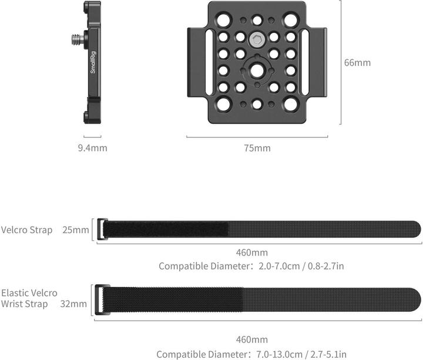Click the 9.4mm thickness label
[x=92, y=148]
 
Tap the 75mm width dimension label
[x=257, y=148]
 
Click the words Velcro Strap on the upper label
[x=27, y=230]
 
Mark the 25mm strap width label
[x=75, y=230]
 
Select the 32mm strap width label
[x=73, y=304]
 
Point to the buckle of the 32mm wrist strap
[x=100, y=300]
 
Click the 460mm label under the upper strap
[x=251, y=253]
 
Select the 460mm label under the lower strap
[x=251, y=339]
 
